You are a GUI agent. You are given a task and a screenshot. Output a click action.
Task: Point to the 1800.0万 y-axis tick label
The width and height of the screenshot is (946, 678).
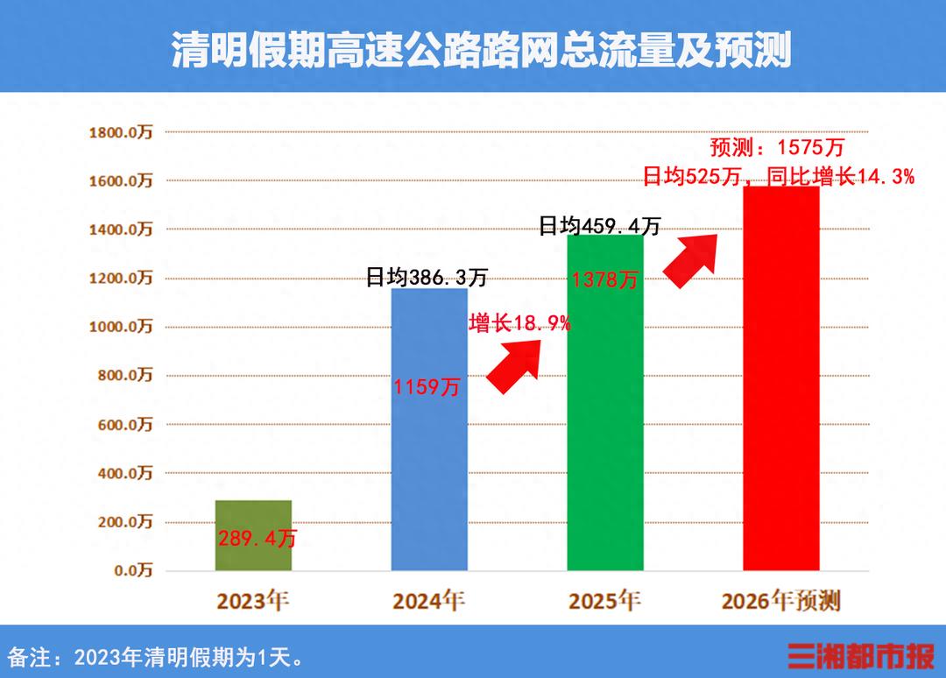click(121, 132)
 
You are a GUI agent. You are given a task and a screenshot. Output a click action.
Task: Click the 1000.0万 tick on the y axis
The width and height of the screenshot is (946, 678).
click(121, 327)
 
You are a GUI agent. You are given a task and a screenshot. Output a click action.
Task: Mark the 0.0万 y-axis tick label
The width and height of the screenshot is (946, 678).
click(133, 570)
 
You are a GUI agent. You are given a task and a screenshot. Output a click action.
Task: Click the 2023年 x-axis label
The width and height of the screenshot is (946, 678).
click(253, 601)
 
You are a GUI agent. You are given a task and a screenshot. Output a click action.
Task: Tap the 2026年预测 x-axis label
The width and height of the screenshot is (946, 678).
click(780, 601)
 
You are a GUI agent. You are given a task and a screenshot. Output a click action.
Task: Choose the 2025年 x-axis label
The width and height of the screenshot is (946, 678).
click(604, 601)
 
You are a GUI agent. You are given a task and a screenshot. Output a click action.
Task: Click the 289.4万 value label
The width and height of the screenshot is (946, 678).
click(258, 539)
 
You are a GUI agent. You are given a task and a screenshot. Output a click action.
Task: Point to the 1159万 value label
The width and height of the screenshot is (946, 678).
click(427, 386)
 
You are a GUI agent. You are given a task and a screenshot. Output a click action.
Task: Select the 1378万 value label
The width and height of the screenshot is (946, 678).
click(605, 280)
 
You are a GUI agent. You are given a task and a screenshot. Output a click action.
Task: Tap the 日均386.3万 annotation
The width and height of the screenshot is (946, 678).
click(427, 279)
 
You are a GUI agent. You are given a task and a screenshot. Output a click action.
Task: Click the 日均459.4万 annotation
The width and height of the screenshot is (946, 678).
click(600, 226)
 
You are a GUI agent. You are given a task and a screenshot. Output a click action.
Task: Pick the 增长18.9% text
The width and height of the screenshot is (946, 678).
click(520, 323)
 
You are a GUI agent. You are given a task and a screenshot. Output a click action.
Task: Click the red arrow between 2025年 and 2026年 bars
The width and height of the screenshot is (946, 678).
click(691, 258)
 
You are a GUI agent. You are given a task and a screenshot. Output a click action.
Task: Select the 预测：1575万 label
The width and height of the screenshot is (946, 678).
click(777, 147)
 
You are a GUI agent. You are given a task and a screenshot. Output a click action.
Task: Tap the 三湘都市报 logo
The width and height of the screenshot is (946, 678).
click(860, 655)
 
